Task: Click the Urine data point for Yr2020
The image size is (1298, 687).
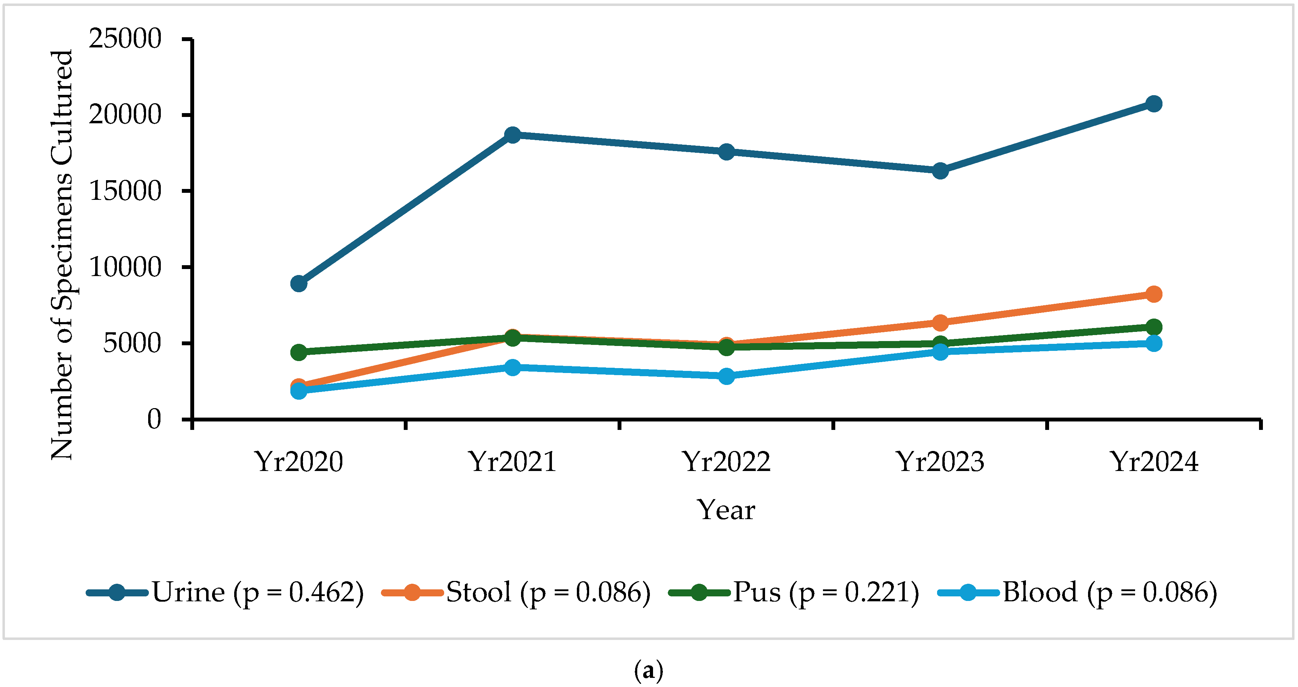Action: [x=299, y=283]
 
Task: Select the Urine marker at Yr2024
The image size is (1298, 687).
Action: [x=1154, y=104]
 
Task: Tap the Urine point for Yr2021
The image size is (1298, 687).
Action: [x=513, y=135]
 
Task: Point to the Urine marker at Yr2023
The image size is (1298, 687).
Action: [x=940, y=171]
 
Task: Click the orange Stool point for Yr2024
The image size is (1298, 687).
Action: [x=1154, y=294]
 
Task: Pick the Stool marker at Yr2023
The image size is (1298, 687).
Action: [x=940, y=322]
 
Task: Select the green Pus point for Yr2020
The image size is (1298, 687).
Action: [x=299, y=352]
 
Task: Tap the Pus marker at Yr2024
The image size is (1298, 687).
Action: [x=1154, y=327]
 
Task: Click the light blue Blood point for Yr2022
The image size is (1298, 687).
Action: [x=726, y=376]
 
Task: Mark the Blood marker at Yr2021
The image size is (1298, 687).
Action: [x=513, y=367]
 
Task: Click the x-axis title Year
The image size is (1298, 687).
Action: [x=726, y=510]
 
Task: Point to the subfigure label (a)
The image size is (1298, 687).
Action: [x=648, y=671]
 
